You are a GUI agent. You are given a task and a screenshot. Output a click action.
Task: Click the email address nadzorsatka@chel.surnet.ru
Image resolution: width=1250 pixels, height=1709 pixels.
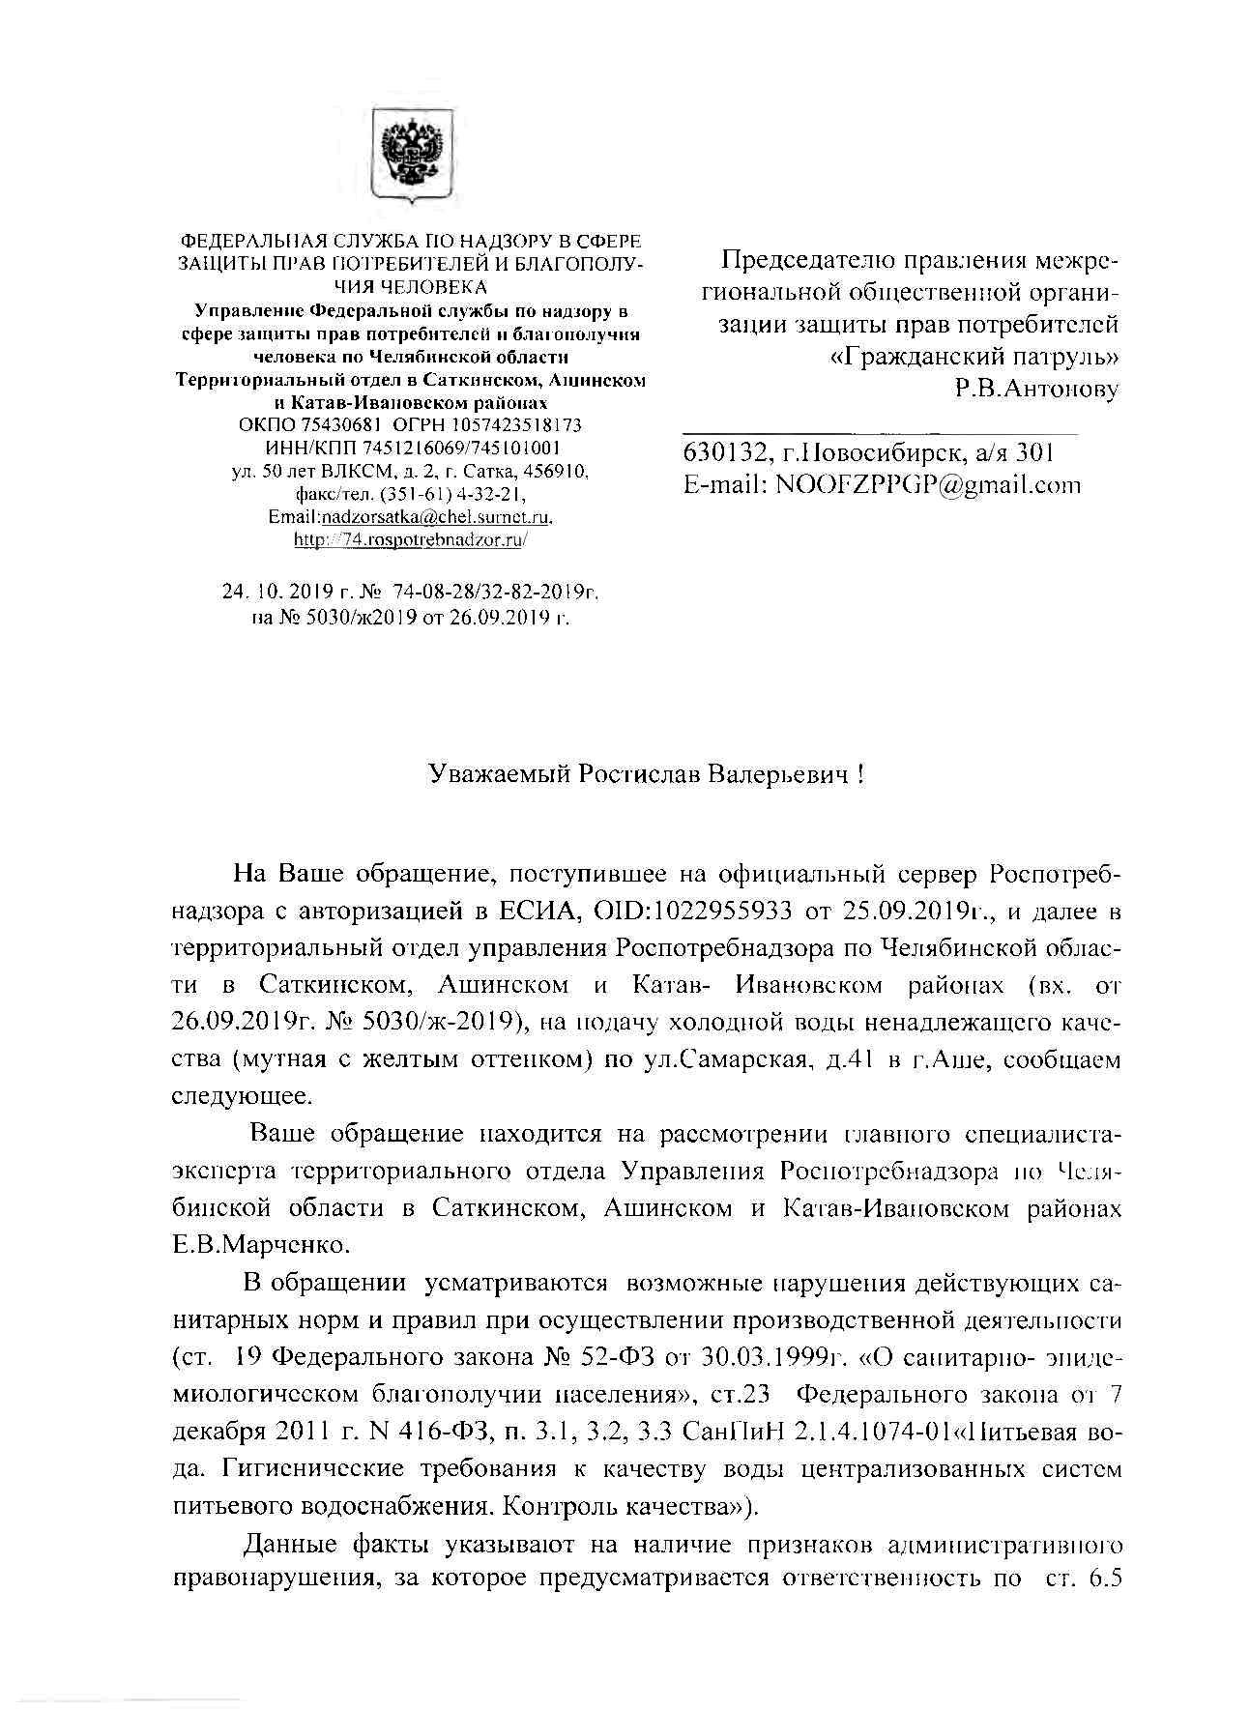tap(436, 517)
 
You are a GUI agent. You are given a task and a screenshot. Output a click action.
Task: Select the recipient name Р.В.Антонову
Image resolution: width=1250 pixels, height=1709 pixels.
tap(1036, 390)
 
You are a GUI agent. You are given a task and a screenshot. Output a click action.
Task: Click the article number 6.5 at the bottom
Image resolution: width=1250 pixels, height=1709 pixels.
tap(1104, 1579)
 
